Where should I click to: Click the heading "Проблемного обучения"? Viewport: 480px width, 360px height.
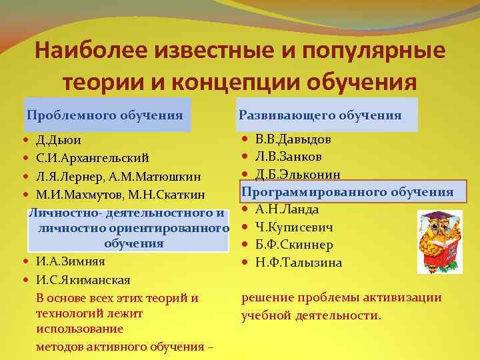[105, 115]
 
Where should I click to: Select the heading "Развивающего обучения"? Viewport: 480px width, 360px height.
[320, 115]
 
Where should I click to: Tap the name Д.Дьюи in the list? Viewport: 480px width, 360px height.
[59, 142]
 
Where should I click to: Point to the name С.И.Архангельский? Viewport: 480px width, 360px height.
[91, 159]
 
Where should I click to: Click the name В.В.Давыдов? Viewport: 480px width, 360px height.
[293, 139]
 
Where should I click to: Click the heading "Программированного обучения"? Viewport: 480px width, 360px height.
[347, 192]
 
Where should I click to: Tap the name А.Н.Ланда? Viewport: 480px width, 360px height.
[287, 209]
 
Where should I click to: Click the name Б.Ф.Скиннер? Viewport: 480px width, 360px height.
[294, 245]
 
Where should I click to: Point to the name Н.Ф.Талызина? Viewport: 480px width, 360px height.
[299, 263]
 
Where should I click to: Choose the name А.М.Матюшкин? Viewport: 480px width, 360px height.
[158, 177]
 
